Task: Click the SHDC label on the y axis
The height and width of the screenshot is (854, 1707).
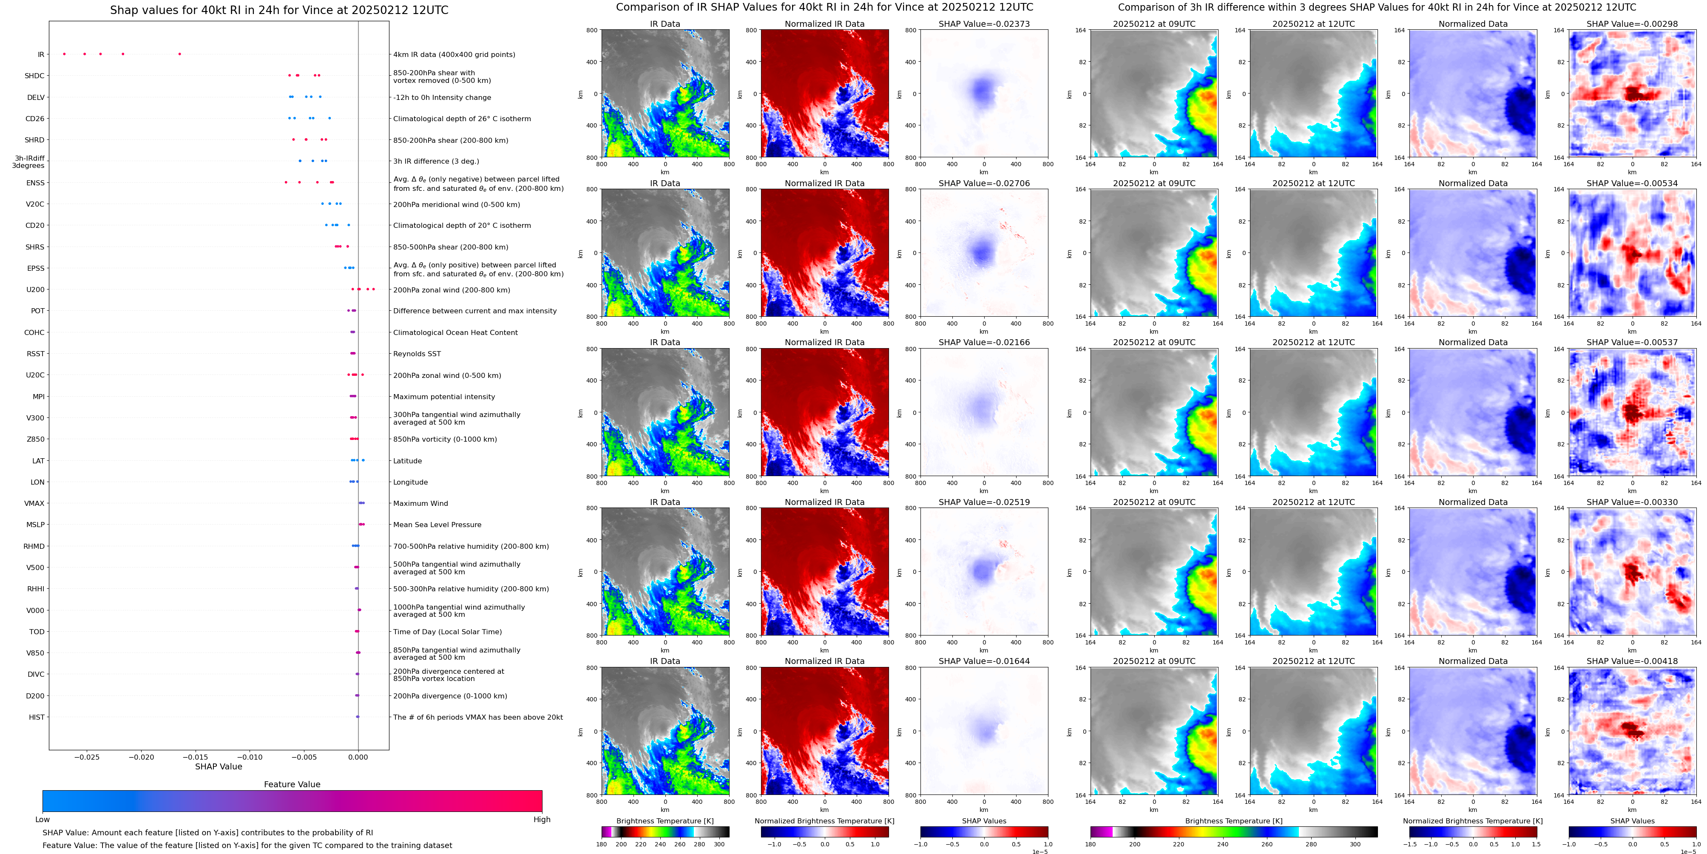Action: click(x=34, y=76)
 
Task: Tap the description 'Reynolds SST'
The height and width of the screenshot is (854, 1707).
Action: click(x=417, y=354)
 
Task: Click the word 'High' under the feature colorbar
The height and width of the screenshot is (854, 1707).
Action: click(x=541, y=820)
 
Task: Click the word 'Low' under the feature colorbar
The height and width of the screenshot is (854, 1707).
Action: click(x=43, y=820)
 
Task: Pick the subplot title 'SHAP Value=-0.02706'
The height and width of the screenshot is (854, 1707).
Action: click(x=984, y=184)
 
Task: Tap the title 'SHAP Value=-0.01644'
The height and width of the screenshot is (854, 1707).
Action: click(x=984, y=661)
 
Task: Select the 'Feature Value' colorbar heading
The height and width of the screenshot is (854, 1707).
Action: click(x=292, y=784)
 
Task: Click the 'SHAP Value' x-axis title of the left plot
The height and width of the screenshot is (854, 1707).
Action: click(x=219, y=766)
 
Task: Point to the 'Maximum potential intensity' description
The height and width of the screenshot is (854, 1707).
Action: click(x=444, y=397)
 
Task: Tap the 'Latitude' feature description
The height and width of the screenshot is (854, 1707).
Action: click(x=408, y=461)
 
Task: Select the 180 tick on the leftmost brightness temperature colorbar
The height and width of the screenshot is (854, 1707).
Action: click(x=602, y=844)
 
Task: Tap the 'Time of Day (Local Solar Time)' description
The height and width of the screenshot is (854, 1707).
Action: click(x=447, y=632)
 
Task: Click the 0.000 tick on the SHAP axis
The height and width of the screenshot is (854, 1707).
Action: click(x=358, y=757)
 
